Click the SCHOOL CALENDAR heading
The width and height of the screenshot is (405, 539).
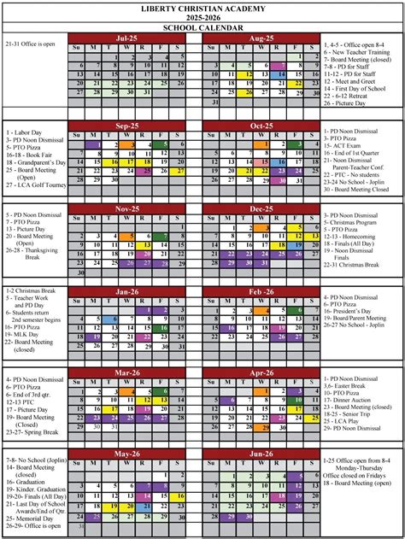[x=202, y=27]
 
